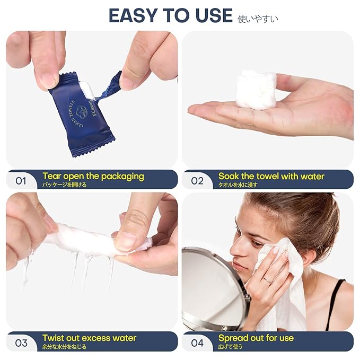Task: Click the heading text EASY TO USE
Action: click(171, 15)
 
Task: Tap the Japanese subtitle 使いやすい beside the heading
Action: click(258, 19)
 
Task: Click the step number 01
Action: click(21, 181)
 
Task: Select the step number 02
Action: click(197, 181)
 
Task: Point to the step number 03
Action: click(21, 343)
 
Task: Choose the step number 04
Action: click(197, 343)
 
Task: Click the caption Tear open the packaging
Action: click(93, 177)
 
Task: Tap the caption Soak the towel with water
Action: click(271, 177)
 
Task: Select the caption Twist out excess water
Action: click(89, 338)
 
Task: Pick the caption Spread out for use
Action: click(256, 338)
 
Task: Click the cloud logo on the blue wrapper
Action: click(82, 111)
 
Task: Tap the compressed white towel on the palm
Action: click(256, 90)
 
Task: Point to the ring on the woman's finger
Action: click(268, 280)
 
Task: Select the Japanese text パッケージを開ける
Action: click(64, 185)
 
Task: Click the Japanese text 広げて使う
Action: click(230, 347)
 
